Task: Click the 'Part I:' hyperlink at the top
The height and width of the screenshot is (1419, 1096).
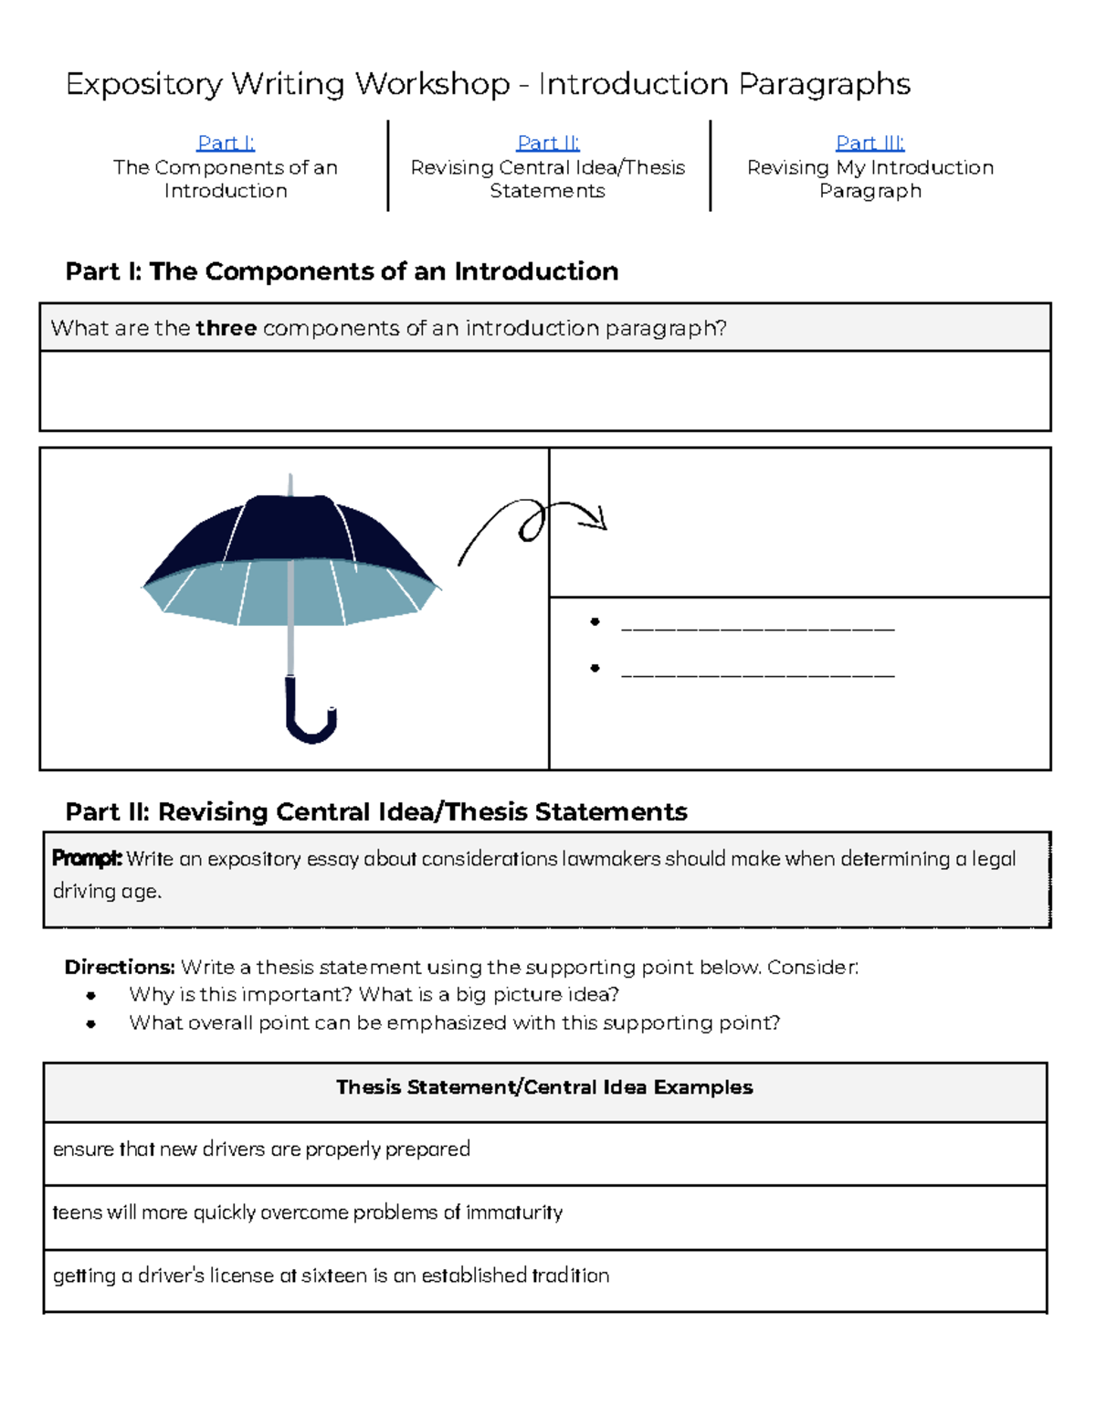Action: (x=226, y=143)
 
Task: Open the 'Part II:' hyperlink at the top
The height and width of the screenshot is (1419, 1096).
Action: (x=548, y=143)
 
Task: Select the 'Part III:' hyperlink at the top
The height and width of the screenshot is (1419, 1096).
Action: (x=869, y=143)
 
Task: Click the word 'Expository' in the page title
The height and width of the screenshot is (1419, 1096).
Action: (x=144, y=84)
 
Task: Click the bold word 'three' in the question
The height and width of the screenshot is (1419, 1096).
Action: (x=226, y=328)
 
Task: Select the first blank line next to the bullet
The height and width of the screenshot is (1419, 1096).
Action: (x=757, y=628)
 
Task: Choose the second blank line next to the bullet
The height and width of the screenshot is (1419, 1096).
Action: (x=757, y=674)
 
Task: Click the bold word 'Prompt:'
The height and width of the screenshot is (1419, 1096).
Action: (x=87, y=859)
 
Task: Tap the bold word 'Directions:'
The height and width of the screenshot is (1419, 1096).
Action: (x=119, y=967)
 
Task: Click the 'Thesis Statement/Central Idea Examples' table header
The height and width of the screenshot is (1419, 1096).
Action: (x=544, y=1087)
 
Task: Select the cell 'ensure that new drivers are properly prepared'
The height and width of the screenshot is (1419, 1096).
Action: (x=261, y=1149)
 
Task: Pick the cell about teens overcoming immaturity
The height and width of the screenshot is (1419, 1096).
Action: (x=307, y=1213)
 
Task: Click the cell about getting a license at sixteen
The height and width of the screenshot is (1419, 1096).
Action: (x=331, y=1276)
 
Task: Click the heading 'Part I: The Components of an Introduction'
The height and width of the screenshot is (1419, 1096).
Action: (x=342, y=271)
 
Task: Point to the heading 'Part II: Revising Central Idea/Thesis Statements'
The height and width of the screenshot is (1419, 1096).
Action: (x=376, y=812)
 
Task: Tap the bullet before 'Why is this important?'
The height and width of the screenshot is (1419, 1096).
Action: (x=90, y=995)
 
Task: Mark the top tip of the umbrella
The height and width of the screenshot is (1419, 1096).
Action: (x=290, y=477)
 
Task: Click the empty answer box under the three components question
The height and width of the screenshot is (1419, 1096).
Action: (x=544, y=391)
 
